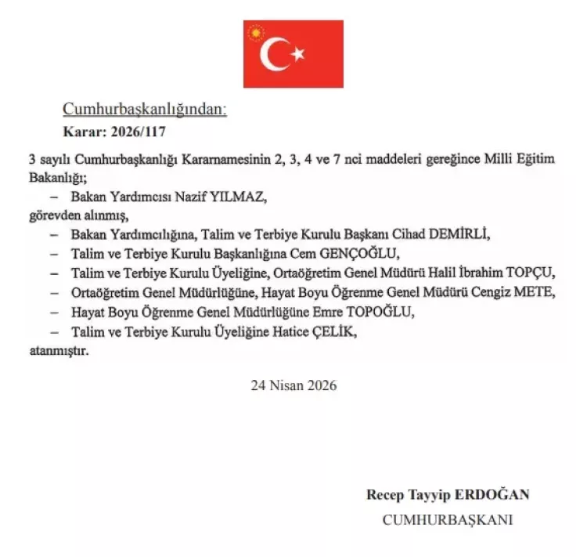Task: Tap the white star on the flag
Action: click(297, 54)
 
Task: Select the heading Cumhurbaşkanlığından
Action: click(145, 110)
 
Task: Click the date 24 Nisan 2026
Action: click(293, 385)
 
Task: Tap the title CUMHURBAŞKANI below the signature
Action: click(448, 519)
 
